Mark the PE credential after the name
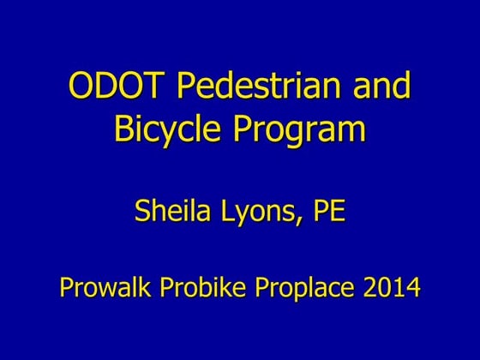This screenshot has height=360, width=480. [327, 211]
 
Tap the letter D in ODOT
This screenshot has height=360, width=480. [102, 88]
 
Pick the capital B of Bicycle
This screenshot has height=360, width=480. [124, 129]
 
